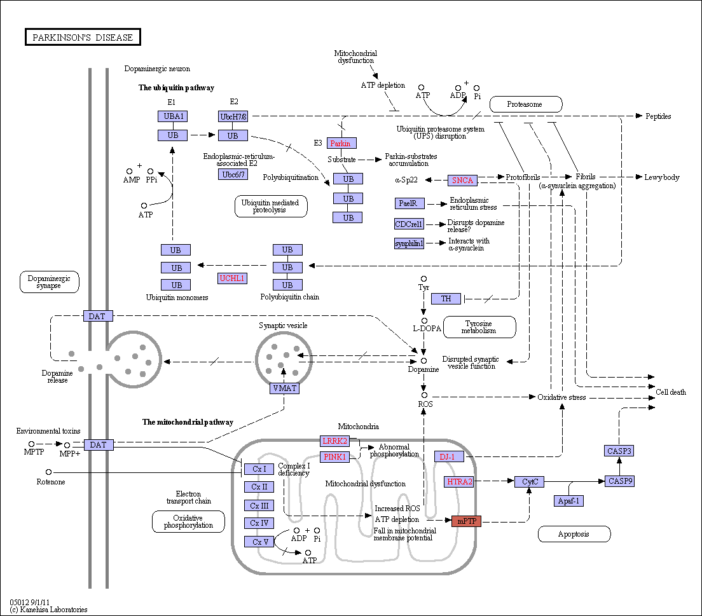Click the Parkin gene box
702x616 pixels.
(x=341, y=143)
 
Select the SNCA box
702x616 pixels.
(x=462, y=181)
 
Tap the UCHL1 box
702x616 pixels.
(x=232, y=278)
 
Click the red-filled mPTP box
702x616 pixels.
(x=467, y=521)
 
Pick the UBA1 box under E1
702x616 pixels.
(x=173, y=116)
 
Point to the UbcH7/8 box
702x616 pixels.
(x=233, y=116)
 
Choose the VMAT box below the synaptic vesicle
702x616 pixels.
(x=284, y=388)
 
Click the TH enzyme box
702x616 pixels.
(x=446, y=299)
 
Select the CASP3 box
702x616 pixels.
(x=619, y=451)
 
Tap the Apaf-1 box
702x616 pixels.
(x=568, y=501)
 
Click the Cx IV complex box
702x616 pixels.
(x=259, y=523)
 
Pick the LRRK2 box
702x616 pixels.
(x=335, y=441)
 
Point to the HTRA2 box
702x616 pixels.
(x=460, y=482)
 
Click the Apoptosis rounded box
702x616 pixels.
(x=574, y=534)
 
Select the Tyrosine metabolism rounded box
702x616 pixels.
(x=479, y=327)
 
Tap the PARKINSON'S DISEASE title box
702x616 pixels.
(x=83, y=37)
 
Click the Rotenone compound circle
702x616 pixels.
(x=49, y=472)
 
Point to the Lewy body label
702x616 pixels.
(x=662, y=177)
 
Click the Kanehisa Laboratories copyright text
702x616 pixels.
(x=48, y=610)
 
